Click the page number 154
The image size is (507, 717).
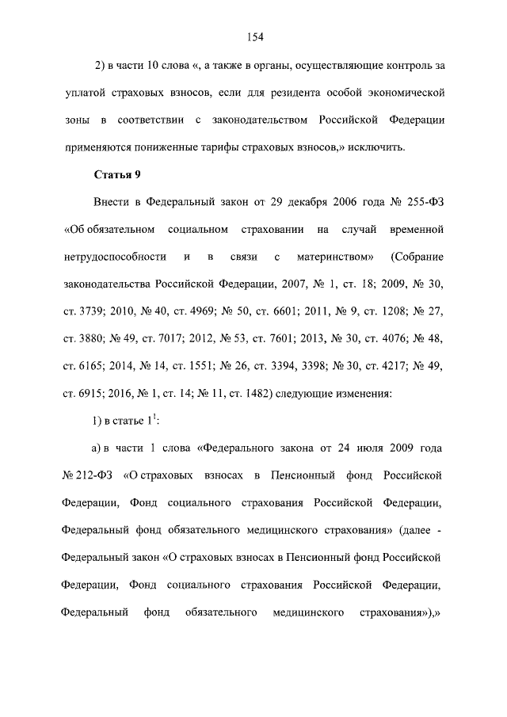254,36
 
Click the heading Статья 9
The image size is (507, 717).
117,174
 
